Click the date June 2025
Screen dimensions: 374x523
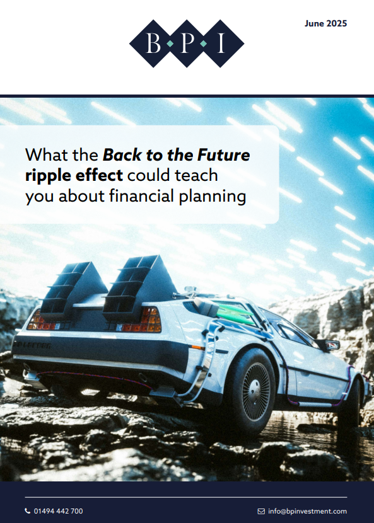point(325,24)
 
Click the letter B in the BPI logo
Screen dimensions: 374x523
point(153,43)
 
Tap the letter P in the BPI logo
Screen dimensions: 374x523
point(187,43)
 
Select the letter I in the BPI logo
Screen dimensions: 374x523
point(220,43)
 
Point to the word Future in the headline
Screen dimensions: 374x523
point(224,155)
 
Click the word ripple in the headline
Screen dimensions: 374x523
point(48,176)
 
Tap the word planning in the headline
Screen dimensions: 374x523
point(213,197)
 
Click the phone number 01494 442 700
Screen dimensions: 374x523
point(59,511)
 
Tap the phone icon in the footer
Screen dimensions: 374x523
point(27,510)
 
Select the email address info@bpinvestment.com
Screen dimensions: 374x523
point(308,511)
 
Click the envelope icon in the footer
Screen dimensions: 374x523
point(261,511)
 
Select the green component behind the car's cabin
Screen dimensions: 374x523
point(235,314)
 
